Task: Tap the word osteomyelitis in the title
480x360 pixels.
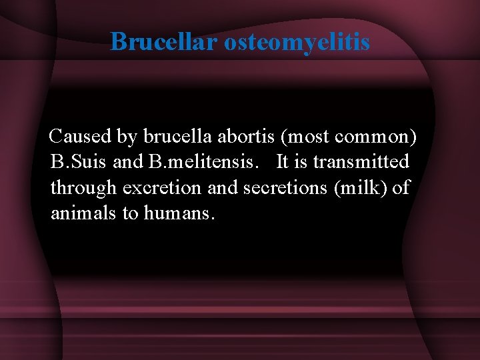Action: [297, 42]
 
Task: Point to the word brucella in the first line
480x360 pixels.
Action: [175, 137]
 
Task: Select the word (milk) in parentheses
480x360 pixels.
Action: [357, 189]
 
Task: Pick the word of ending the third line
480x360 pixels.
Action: [401, 189]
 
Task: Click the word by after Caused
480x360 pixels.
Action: [127, 137]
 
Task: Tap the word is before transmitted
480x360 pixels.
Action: [301, 163]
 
